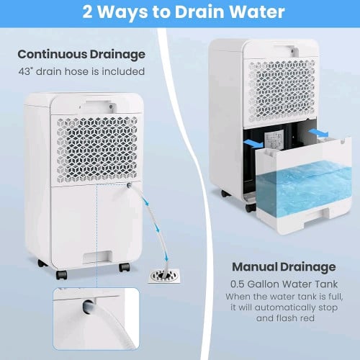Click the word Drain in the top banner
click(x=199, y=12)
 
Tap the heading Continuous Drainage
click(x=81, y=55)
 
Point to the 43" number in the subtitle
click(x=25, y=71)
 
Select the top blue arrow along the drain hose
click(x=146, y=202)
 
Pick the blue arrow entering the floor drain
click(x=166, y=258)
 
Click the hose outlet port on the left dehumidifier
click(x=129, y=185)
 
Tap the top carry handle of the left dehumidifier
click(x=98, y=106)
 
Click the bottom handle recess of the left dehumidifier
click(x=97, y=256)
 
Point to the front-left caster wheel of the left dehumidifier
click(x=61, y=275)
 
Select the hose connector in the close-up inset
click(x=89, y=306)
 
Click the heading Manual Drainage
click(x=284, y=267)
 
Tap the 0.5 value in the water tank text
click(x=238, y=284)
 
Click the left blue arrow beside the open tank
click(x=253, y=144)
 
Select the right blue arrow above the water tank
click(x=318, y=132)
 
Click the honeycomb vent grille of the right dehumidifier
click(x=282, y=91)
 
